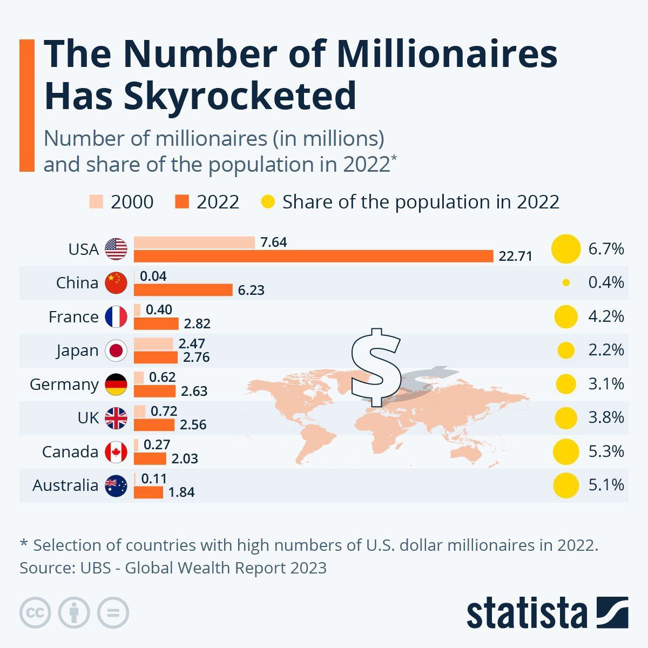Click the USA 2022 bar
[x=313, y=256]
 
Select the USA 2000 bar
[x=194, y=242]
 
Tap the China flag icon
[x=116, y=283]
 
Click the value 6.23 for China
[x=251, y=290]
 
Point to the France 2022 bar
[x=156, y=323]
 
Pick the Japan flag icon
[x=116, y=350]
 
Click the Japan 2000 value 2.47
[x=192, y=343]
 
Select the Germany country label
[x=64, y=384]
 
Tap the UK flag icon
[x=116, y=418]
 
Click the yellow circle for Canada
[x=566, y=451]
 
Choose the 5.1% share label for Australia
[x=606, y=485]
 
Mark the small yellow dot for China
[x=566, y=282]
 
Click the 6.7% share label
[x=606, y=249]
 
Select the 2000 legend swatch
[x=96, y=202]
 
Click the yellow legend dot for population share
[x=268, y=202]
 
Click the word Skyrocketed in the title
[x=240, y=96]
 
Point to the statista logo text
[x=526, y=613]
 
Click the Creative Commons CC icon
[x=35, y=613]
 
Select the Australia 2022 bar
[x=148, y=492]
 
